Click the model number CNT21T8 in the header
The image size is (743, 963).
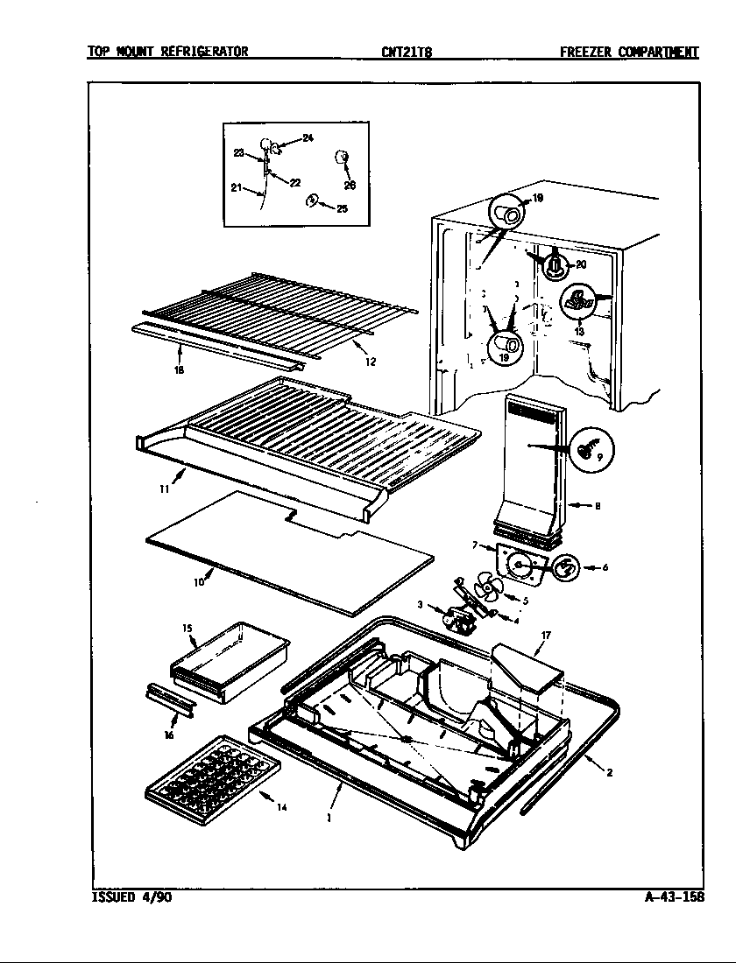click(x=407, y=52)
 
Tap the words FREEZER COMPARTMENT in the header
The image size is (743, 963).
click(x=629, y=52)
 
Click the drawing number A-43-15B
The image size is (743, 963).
click(x=670, y=898)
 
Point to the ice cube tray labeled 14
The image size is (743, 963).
click(x=213, y=778)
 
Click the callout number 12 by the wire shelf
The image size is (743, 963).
click(x=371, y=362)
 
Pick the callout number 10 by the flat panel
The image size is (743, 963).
click(x=198, y=580)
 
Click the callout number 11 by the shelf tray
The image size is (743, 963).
click(x=164, y=489)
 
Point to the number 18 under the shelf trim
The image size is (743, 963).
click(x=179, y=369)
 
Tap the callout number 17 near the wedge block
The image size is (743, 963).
click(x=545, y=635)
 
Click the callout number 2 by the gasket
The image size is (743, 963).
click(x=608, y=772)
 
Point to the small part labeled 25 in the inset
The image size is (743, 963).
click(x=313, y=203)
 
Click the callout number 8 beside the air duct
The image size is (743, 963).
click(x=597, y=505)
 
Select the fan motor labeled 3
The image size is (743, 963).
click(x=459, y=617)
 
